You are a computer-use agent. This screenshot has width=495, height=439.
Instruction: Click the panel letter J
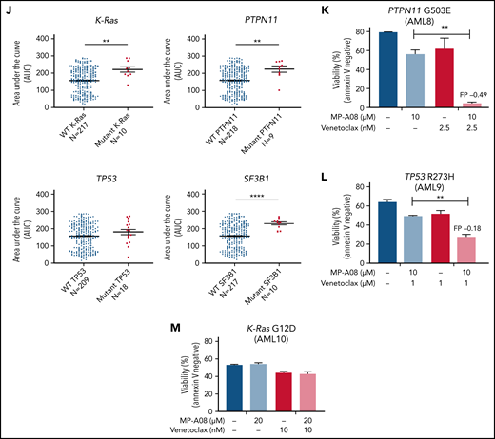pyautogui.click(x=6, y=9)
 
